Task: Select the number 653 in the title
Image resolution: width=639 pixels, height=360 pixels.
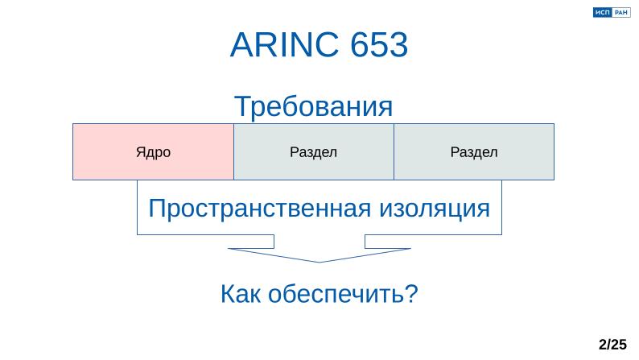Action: coord(380,46)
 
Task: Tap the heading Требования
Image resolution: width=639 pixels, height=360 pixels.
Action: coord(313,106)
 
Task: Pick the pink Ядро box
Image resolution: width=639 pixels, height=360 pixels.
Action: coord(153,151)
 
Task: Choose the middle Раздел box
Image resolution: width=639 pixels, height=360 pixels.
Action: coord(313,151)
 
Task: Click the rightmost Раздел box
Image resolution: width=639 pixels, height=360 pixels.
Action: coord(474,151)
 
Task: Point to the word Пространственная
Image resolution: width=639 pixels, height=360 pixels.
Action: coord(257,209)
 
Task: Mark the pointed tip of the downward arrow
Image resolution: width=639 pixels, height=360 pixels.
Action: coord(319,261)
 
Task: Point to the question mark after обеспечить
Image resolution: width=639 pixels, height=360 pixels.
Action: coord(411,295)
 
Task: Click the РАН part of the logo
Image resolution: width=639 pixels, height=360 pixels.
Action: coord(620,13)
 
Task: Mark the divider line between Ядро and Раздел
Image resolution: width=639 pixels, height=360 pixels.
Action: coord(233,151)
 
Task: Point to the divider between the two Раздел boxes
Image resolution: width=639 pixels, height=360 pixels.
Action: coord(394,151)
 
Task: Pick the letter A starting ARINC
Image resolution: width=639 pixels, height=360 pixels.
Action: coord(241,46)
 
